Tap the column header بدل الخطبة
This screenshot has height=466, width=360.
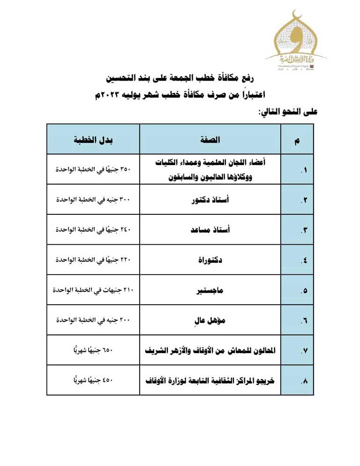click(93, 140)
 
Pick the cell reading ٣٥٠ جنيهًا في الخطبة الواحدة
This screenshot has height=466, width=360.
click(93, 169)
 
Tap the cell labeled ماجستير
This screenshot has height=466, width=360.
click(210, 291)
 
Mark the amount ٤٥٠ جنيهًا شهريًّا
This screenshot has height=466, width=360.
click(93, 380)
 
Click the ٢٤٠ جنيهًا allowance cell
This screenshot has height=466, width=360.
click(93, 230)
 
